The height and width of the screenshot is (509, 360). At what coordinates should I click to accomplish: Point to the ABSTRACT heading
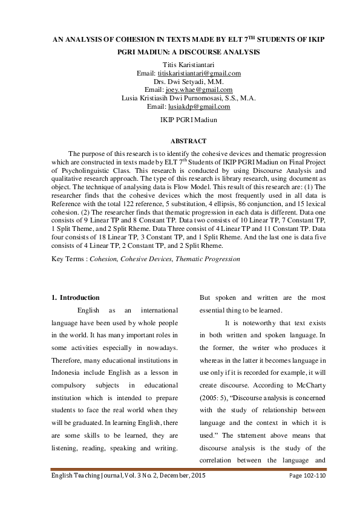pyautogui.click(x=180, y=140)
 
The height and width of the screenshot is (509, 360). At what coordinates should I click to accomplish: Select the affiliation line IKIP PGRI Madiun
pyautogui.click(x=180, y=120)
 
